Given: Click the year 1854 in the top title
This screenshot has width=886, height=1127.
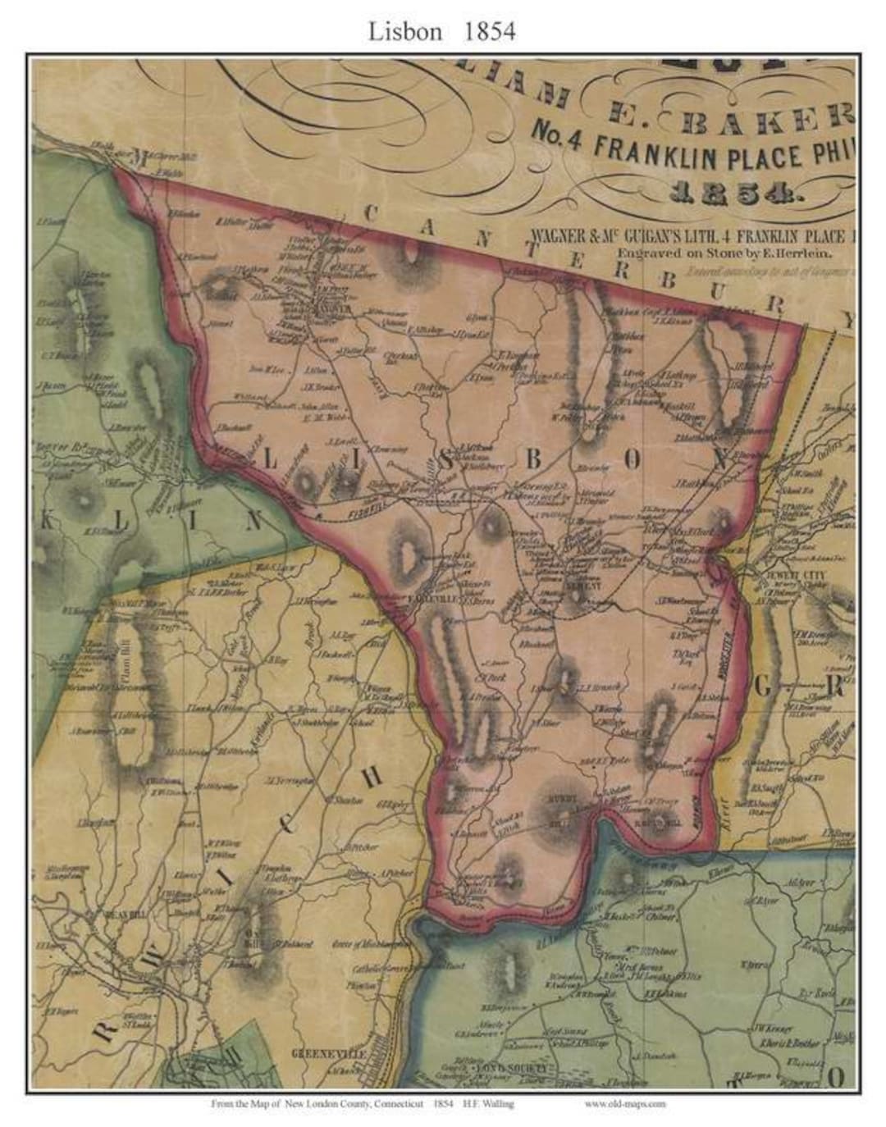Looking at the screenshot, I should [490, 31].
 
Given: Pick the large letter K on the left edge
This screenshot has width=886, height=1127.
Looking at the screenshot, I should [49, 519].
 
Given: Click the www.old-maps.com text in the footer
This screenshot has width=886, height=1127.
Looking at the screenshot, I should [625, 1104].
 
